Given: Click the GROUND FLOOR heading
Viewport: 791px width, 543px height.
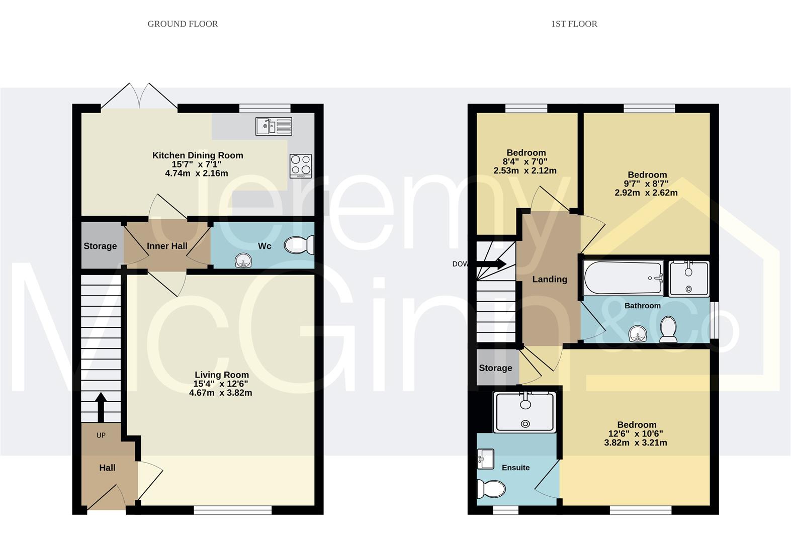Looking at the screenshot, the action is coord(183,24).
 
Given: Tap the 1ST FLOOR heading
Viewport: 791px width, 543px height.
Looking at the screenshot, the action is coord(574,24).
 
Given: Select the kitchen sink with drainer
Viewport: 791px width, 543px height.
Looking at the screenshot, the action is coord(274,126).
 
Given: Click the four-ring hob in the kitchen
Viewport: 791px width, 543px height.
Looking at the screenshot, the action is coord(301,166).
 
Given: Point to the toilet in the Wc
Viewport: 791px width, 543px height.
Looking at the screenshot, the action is coord(299,245).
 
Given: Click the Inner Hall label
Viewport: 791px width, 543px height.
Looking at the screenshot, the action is coord(167,246).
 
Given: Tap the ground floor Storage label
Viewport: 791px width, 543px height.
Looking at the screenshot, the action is coord(100,246).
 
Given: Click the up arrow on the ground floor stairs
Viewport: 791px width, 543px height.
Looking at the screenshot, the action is coord(101,407).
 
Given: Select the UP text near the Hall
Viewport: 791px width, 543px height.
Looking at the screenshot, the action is coord(101,435).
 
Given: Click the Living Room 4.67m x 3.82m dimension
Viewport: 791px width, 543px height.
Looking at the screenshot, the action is coord(221,393).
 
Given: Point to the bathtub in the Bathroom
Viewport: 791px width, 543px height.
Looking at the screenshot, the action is coord(623,278).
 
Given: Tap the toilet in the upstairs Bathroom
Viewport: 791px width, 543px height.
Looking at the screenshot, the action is coord(668,329).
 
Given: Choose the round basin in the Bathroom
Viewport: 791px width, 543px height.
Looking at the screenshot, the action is coord(638,334).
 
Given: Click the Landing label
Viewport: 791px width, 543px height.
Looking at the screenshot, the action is coord(550,279).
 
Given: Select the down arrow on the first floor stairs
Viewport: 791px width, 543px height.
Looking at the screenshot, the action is coord(491,264).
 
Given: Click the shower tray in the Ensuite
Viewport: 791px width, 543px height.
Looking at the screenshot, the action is coord(525,412).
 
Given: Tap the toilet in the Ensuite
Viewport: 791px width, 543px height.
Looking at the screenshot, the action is coord(491,489).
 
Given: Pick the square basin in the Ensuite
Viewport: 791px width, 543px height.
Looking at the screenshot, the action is coord(486,459).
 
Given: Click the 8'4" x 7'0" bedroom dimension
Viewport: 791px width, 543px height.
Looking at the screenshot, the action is coord(525,162).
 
